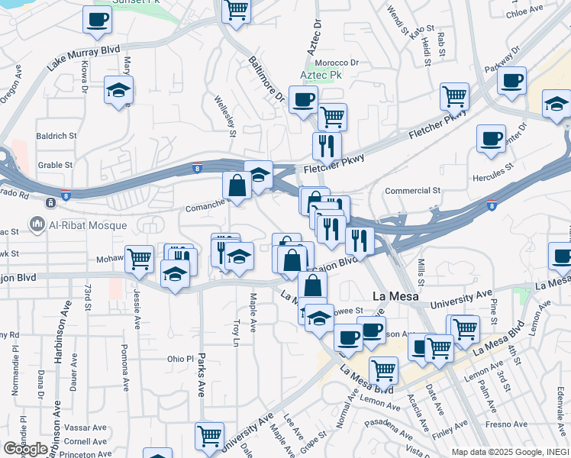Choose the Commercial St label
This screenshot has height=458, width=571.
[413, 190]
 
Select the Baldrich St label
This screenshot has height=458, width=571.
[56, 135]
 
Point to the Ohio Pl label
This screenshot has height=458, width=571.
[181, 359]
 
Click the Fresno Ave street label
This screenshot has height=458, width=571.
[509, 424]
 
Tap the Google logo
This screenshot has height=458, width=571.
[25, 449]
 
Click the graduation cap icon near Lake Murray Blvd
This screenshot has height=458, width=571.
[118, 90]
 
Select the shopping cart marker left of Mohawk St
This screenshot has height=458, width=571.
[139, 258]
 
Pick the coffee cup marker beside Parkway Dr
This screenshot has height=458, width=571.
[511, 80]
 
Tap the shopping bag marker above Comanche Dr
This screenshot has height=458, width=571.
[237, 185]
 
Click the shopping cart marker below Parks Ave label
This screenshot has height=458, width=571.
[209, 436]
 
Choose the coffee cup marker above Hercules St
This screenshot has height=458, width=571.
[491, 139]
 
